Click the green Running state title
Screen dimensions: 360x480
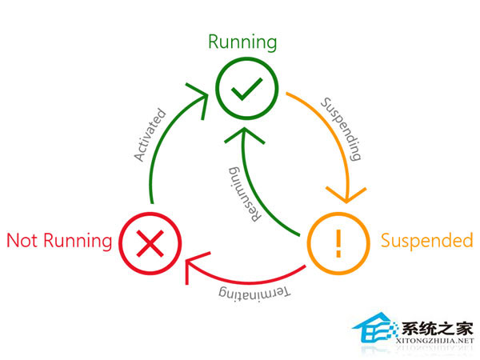click(242, 42)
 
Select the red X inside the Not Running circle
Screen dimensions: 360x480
click(150, 241)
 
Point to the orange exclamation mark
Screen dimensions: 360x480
click(338, 241)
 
